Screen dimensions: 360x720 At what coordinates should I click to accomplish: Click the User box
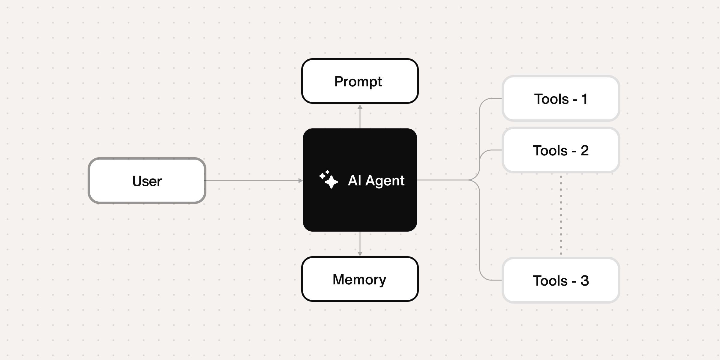point(147,181)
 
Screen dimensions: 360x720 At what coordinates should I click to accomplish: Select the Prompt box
point(360,81)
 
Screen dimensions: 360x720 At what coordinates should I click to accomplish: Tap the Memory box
point(360,279)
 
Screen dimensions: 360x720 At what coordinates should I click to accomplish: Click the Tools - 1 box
point(561,98)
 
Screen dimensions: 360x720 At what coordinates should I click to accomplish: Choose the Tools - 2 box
point(561,150)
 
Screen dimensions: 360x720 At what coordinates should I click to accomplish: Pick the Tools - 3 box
point(561,280)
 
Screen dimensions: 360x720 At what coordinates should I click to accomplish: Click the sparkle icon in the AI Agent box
point(328,179)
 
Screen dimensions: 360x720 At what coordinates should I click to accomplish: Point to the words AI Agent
point(376,180)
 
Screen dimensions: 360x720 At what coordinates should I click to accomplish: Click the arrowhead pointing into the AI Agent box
point(301,181)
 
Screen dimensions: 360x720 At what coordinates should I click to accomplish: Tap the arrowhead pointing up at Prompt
point(360,107)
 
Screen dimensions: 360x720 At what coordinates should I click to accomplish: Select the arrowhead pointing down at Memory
point(360,253)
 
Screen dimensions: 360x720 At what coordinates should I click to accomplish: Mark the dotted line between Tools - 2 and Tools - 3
point(561,215)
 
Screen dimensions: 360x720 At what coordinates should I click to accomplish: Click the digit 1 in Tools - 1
point(584,99)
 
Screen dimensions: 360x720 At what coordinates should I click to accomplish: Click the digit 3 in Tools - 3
point(584,280)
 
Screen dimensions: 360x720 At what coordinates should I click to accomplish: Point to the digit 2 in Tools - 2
point(584,150)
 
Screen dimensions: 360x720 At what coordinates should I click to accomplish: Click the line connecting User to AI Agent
point(252,181)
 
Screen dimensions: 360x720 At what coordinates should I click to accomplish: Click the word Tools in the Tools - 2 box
point(550,150)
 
